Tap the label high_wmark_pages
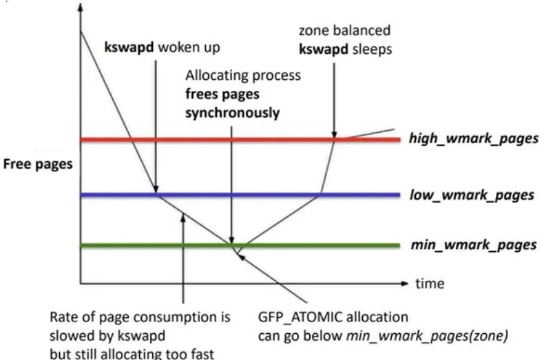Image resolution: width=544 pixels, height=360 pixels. click(x=472, y=140)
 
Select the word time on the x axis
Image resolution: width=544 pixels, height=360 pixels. click(x=429, y=283)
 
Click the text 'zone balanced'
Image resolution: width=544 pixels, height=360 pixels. click(x=344, y=30)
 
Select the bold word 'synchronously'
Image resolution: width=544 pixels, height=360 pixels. click(x=233, y=112)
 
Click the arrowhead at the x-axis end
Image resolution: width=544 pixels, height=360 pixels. click(x=406, y=283)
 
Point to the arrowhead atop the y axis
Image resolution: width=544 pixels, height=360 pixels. click(x=80, y=8)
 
